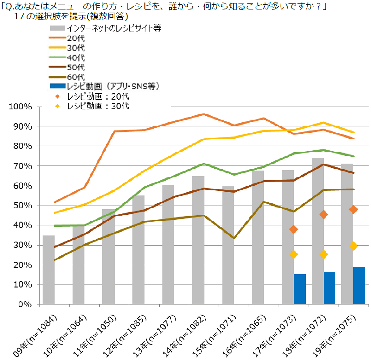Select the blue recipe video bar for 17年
(x=300, y=290)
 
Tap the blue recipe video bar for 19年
(x=359, y=286)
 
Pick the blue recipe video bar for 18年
(x=329, y=288)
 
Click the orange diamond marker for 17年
(x=293, y=229)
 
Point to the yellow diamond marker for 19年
(x=353, y=246)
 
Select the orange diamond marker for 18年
(x=323, y=215)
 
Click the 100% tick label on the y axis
(x=20, y=107)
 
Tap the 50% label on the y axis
(x=22, y=206)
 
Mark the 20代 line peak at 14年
(x=204, y=114)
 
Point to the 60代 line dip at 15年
(x=234, y=238)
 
